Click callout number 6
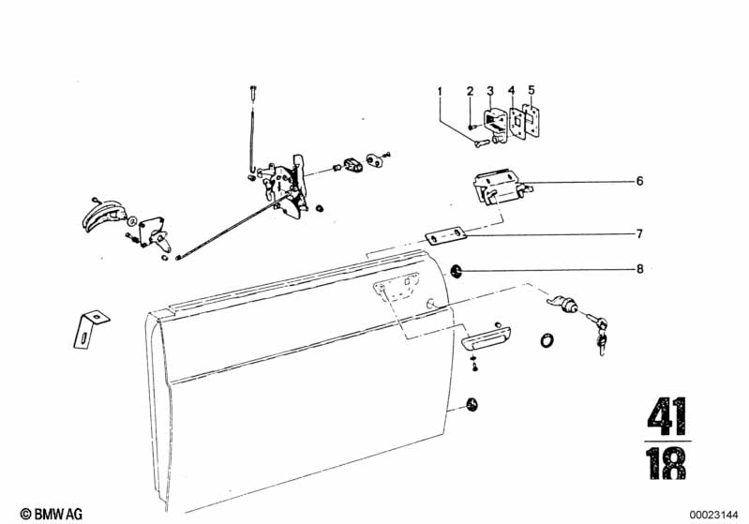tap(639, 182)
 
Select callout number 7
tap(639, 234)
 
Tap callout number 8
tap(640, 269)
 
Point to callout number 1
tap(440, 91)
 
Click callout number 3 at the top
tap(490, 90)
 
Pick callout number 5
tap(532, 90)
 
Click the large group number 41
tap(667, 416)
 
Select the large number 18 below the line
tap(667, 463)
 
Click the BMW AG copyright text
tap(52, 514)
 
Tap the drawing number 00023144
tap(713, 515)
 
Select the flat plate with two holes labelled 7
tap(446, 236)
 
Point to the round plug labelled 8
tap(457, 272)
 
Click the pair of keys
tap(597, 331)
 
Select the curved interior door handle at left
tap(103, 215)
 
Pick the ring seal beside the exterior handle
tap(547, 340)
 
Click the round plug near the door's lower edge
tap(472, 405)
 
